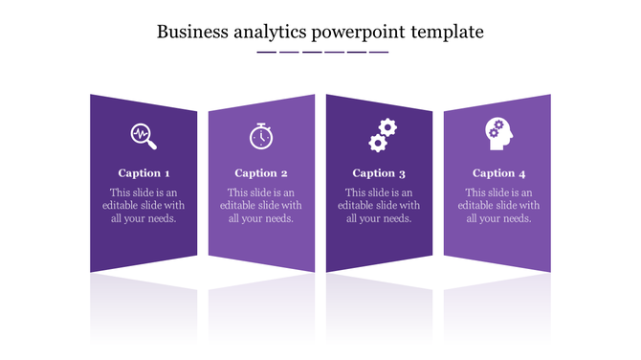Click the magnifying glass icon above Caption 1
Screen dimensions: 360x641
point(144,136)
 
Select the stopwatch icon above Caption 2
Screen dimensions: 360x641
point(260,137)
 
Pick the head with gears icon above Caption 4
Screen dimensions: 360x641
point(497,134)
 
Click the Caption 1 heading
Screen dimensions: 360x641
point(144,173)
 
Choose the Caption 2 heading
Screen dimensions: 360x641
point(261,173)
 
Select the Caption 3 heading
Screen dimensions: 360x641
point(379,173)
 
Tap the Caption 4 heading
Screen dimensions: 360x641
point(498,173)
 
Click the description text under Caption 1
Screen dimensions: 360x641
point(144,205)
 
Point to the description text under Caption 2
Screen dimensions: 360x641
point(261,205)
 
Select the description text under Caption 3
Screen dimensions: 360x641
point(379,205)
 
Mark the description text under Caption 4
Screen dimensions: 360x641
point(498,205)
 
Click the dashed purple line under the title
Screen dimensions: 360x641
point(322,52)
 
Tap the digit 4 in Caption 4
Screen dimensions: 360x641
point(522,173)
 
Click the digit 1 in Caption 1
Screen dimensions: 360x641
point(167,173)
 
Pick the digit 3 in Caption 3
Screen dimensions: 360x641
point(403,173)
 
